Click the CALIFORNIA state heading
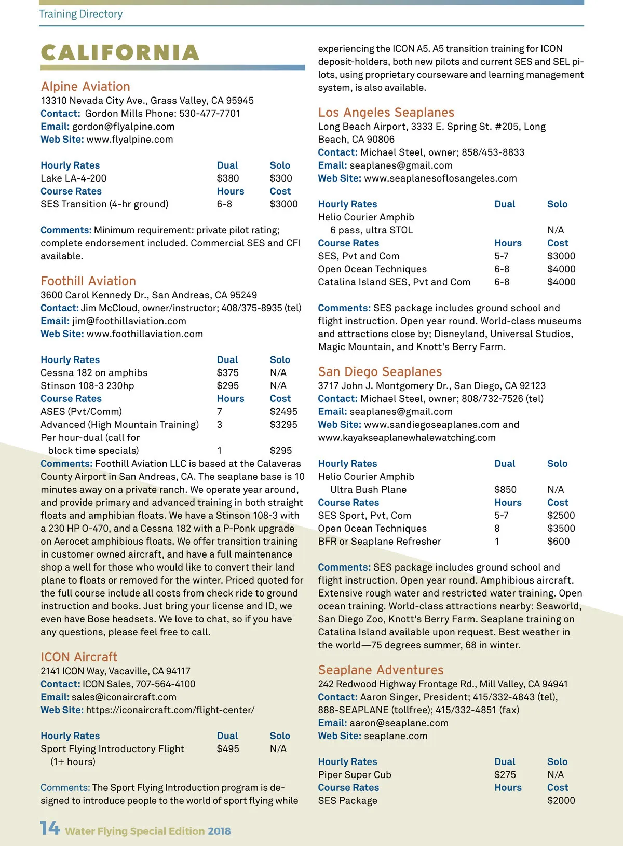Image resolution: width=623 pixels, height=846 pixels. tap(120, 52)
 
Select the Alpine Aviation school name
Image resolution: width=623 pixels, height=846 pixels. tap(86, 87)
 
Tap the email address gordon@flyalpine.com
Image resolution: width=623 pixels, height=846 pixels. tap(123, 127)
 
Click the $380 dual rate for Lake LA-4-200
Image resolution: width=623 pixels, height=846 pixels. tap(228, 178)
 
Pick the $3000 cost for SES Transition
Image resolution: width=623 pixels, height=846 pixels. tap(283, 204)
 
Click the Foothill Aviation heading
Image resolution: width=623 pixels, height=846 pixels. tap(88, 281)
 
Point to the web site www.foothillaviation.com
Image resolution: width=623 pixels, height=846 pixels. tap(144, 334)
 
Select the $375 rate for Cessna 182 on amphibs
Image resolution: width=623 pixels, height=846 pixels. tap(228, 373)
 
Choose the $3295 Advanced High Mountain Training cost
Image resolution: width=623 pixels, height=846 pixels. tap(283, 425)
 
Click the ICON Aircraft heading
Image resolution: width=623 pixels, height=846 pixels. tap(79, 657)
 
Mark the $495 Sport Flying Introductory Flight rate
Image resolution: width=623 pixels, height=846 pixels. tap(228, 749)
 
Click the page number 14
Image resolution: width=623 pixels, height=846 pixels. tap(50, 828)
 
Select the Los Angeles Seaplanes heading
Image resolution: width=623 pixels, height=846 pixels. tap(386, 113)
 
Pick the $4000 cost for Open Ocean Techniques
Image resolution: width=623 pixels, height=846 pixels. tap(561, 269)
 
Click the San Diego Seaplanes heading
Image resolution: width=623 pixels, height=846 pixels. tap(380, 372)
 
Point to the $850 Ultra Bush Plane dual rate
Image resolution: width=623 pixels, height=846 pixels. tap(505, 490)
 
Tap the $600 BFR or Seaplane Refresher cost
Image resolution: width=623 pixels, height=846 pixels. tap(558, 542)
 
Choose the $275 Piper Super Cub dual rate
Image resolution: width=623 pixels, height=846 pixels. tap(505, 775)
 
